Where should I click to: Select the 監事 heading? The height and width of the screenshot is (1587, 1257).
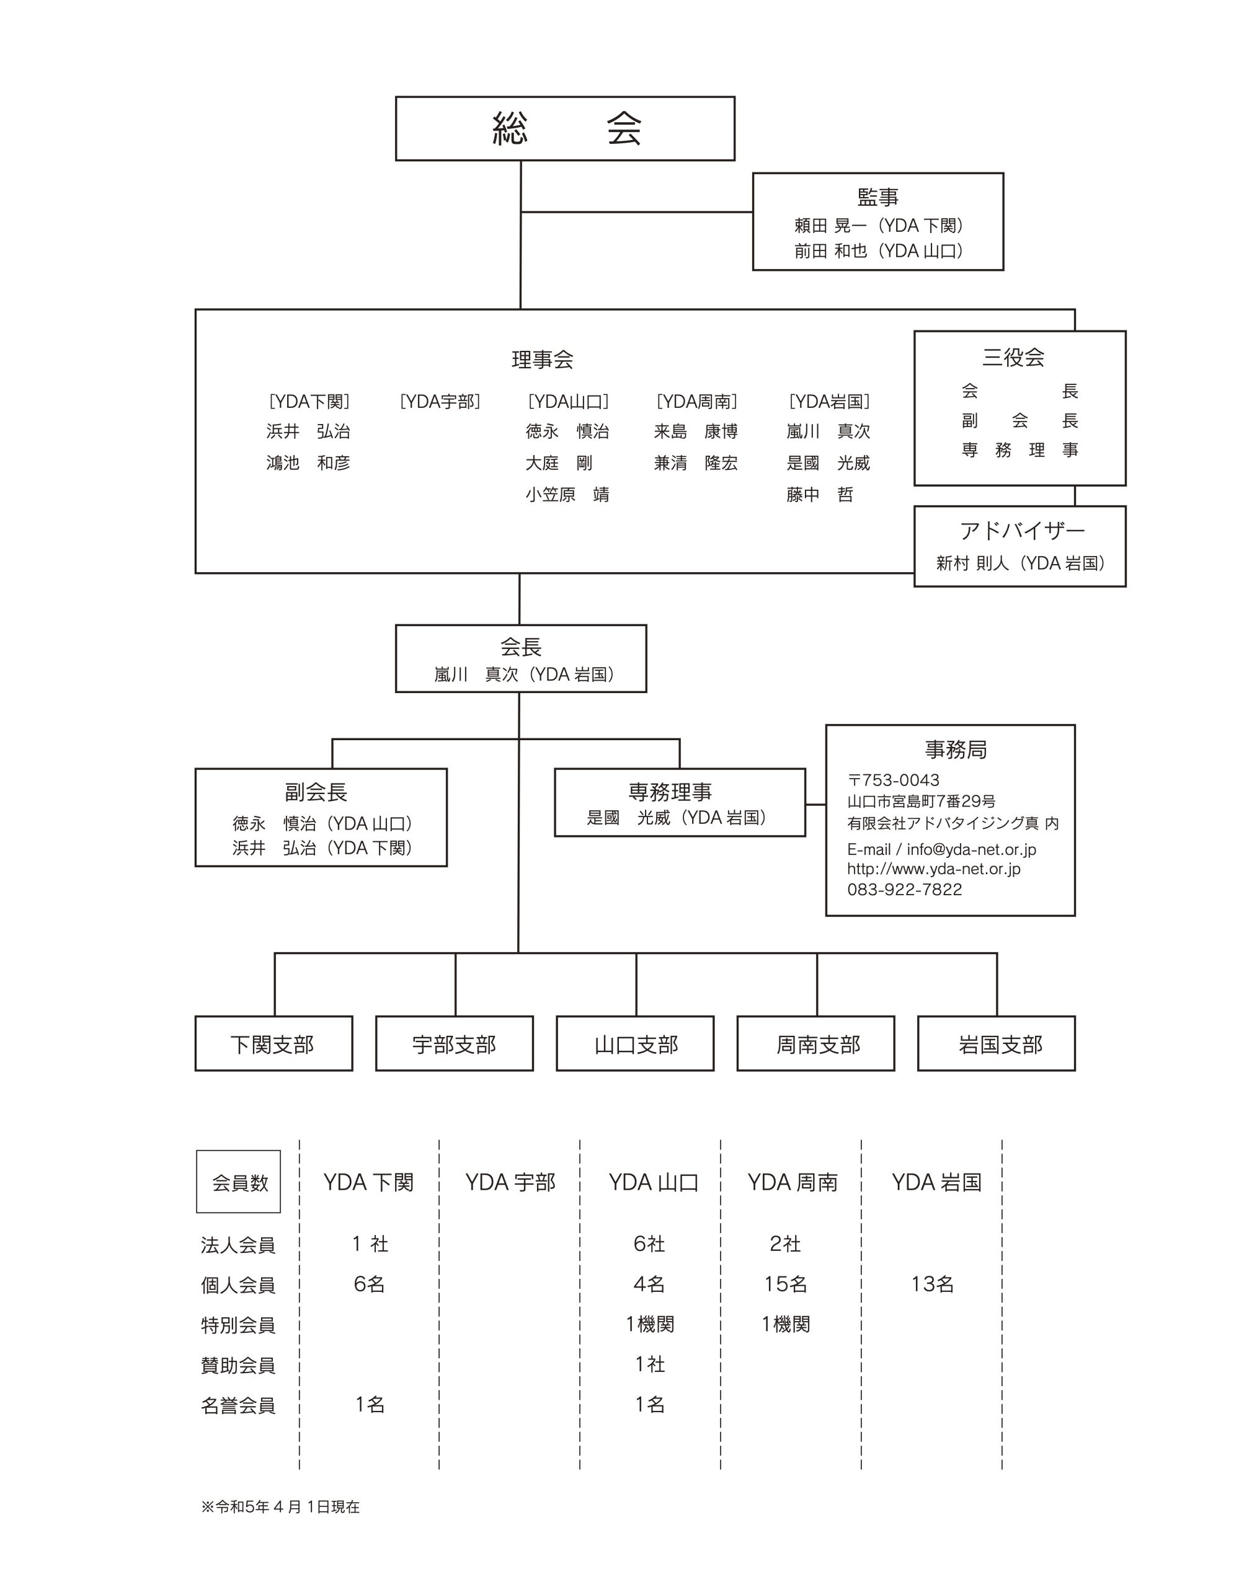877,197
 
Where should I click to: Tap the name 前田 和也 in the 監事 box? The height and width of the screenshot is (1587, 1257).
830,251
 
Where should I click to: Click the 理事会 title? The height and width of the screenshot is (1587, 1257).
543,359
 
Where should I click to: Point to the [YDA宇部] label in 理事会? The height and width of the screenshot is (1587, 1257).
440,401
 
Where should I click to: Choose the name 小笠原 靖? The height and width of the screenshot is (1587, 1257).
567,495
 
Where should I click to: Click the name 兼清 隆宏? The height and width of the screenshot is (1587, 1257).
695,463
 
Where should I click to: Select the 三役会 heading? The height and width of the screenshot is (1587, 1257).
1013,358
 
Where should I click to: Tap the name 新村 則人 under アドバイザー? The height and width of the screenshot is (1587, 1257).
972,563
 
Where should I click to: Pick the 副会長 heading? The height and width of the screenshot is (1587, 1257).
316,792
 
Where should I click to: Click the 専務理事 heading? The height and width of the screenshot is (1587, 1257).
670,792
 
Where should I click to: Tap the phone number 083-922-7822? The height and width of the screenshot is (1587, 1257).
905,889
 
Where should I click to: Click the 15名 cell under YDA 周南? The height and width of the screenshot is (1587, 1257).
785,1284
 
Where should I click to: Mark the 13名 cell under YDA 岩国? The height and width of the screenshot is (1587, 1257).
933,1284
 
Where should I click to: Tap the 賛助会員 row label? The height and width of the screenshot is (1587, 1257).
238,1366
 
